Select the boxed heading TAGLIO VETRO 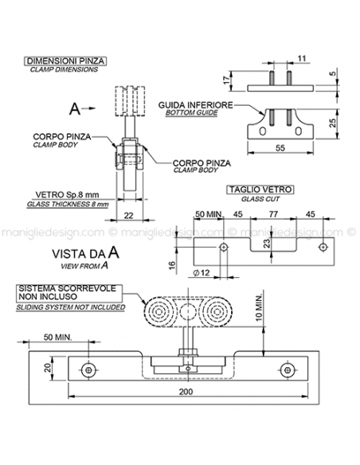(x=260, y=190)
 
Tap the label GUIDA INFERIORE (x=195, y=105)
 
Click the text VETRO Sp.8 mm (x=69, y=193)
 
